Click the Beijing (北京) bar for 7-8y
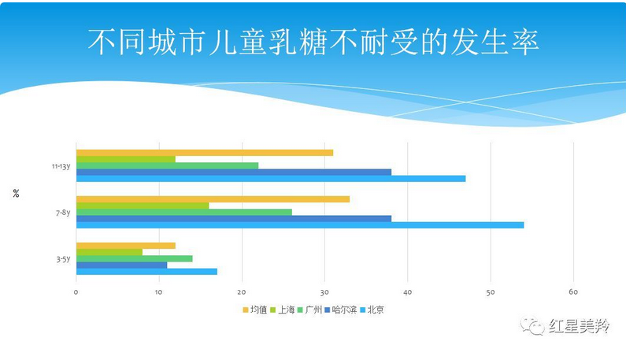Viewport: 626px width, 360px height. coord(299,225)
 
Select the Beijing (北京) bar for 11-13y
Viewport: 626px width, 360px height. coord(270,179)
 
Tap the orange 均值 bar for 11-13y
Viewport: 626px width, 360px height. coord(204,153)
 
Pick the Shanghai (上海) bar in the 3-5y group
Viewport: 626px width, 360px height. coord(109,252)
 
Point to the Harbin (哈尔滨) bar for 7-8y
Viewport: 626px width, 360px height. coord(233,218)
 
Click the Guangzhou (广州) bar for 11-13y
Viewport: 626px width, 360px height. coord(167,165)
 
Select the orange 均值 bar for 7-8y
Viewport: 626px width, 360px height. coord(213,199)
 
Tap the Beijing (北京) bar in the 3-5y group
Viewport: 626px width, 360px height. coord(146,272)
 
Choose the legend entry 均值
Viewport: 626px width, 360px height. coord(255,310)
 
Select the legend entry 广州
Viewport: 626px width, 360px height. coord(310,310)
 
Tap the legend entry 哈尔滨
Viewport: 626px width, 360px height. coord(340,310)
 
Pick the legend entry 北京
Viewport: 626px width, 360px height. coord(372,310)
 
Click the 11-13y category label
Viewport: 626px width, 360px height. coord(61,166)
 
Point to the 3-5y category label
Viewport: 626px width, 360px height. coord(62,258)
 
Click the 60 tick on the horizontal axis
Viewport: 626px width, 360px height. coord(573,293)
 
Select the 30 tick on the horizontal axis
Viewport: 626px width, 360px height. coord(324,293)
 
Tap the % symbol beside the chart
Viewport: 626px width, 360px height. coord(16,194)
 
